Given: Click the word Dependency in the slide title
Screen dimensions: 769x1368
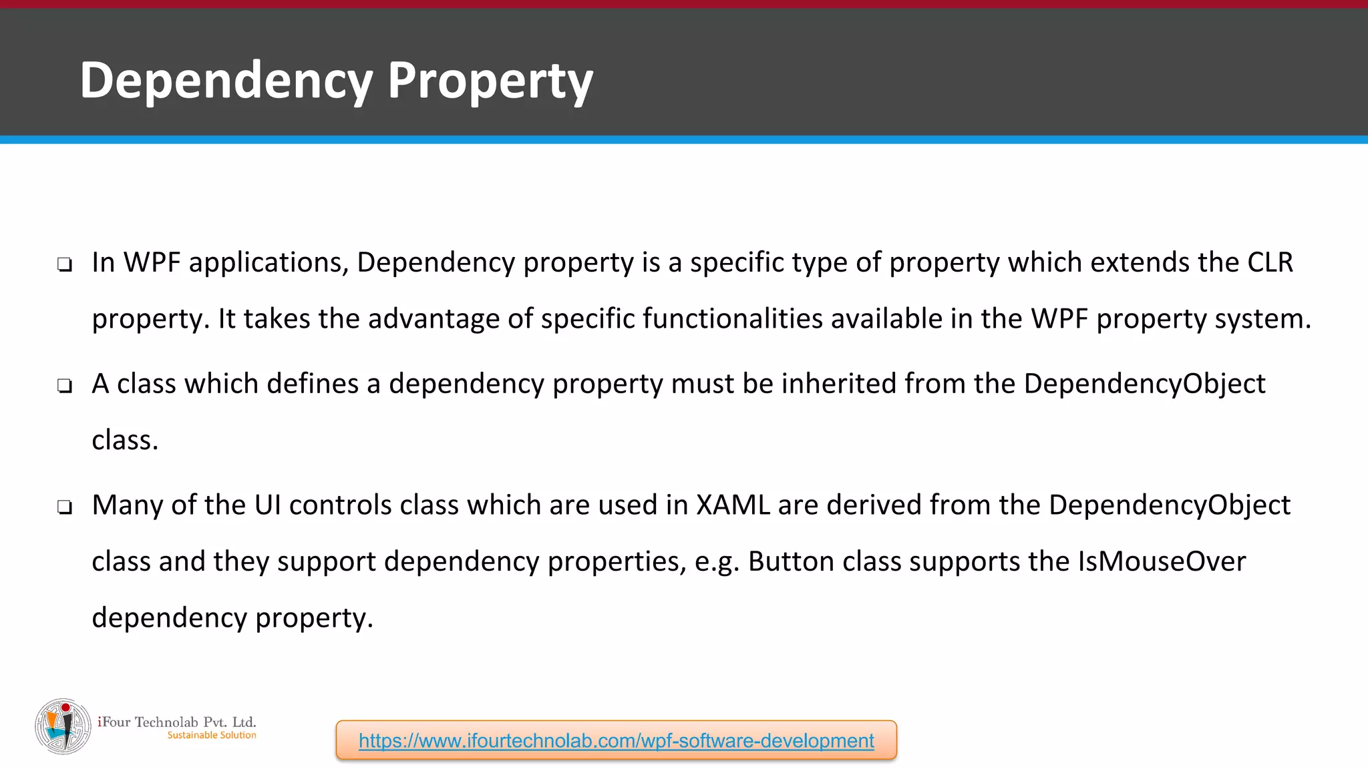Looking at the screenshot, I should (226, 81).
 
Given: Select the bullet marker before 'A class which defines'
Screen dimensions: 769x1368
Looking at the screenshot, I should (65, 386).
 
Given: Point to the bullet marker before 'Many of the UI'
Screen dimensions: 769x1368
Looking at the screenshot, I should (65, 507).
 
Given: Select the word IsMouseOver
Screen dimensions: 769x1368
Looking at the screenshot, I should (1162, 561).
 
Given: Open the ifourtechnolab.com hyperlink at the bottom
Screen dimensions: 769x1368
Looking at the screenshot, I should (616, 740).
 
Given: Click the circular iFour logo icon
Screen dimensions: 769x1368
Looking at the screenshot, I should (63, 726).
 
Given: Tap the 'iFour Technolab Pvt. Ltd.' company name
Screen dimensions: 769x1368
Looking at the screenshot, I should (177, 722).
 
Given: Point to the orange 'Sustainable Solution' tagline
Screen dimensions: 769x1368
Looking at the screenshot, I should (212, 735).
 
